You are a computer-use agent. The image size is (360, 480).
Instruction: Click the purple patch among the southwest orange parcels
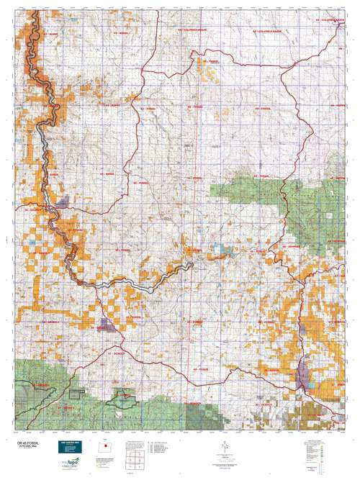coord(109,325)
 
